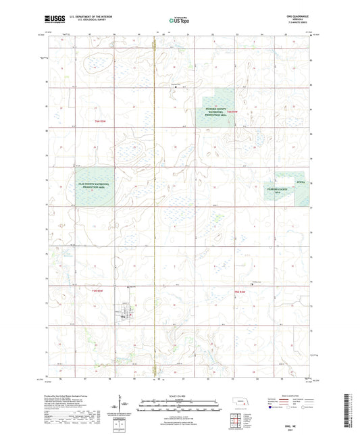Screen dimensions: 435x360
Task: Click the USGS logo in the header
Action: pos(48,20)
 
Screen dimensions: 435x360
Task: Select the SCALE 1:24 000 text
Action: pos(179,395)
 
